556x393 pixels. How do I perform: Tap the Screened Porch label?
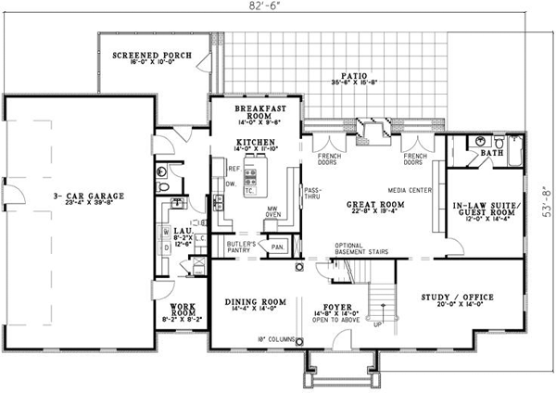153,56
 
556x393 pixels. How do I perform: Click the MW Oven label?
272,214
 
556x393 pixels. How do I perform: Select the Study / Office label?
455,297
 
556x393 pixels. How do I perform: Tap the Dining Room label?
255,301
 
